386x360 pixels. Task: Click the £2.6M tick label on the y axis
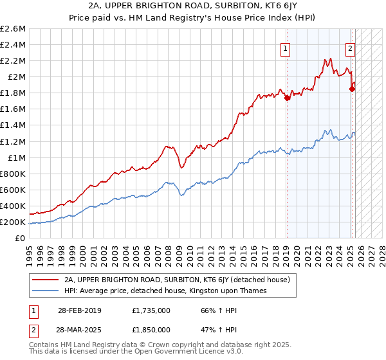[x=13, y=29]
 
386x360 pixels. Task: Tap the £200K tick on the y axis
[x=13, y=222]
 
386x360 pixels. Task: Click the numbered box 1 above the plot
[x=284, y=47]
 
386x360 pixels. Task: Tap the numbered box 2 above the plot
[x=350, y=47]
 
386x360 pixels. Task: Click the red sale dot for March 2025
[x=352, y=89]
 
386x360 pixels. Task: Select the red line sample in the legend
[x=46, y=280]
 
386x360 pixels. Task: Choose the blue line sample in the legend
[x=46, y=291]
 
